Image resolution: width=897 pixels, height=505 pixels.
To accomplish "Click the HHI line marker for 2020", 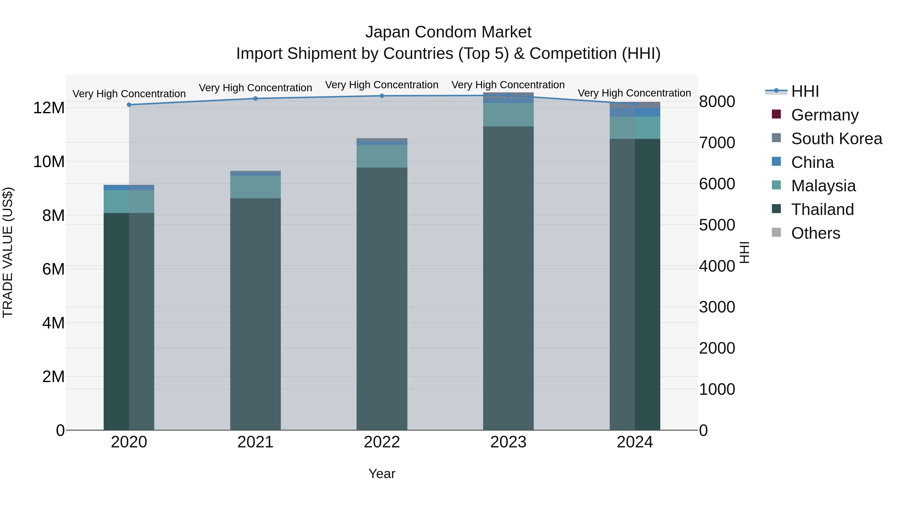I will [129, 104].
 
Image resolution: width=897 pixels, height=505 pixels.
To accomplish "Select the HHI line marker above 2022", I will [382, 96].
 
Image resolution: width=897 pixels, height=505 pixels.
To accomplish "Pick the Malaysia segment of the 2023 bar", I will [508, 115].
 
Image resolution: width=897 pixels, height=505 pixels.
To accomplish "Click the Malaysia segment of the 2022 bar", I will [382, 156].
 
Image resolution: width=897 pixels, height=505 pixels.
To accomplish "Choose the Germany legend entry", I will [824, 115].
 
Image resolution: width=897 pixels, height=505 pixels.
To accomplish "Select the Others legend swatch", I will [776, 232].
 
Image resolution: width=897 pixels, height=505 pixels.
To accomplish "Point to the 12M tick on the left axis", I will [49, 108].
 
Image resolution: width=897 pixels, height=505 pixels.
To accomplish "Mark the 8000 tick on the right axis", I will [717, 102].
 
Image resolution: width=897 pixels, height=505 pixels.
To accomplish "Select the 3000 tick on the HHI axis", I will [717, 307].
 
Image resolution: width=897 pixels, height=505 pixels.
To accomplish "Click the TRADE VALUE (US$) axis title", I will [8, 252].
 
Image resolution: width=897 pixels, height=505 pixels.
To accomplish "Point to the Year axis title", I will [382, 474].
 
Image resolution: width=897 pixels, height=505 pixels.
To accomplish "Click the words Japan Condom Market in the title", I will [448, 32].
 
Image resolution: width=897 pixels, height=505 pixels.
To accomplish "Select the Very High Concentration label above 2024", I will [634, 93].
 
